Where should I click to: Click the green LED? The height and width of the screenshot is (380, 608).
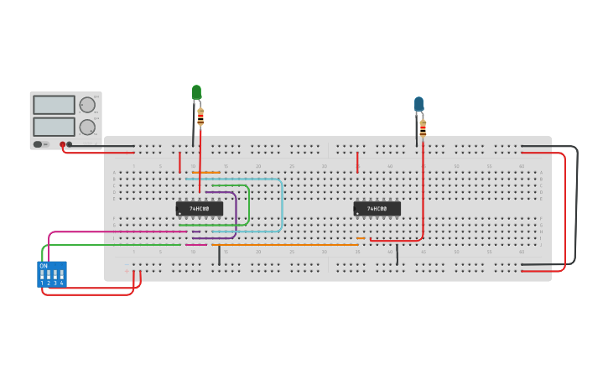196,91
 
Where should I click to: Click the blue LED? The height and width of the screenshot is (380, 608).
418,103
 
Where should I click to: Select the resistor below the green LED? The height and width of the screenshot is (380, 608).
200,116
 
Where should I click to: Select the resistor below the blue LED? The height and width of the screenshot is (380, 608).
423,128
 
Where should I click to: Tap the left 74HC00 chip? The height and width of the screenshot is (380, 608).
200,208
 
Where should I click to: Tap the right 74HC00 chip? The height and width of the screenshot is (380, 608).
377,208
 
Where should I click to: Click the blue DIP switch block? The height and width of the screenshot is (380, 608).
51,274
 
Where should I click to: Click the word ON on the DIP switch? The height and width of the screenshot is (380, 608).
44,266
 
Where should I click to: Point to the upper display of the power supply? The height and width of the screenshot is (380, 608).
54,105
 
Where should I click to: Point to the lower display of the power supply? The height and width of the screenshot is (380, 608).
54,127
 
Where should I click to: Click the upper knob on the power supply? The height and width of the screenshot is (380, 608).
87,105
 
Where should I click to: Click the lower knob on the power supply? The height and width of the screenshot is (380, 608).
87,128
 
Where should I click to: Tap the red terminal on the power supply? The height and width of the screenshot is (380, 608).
62,144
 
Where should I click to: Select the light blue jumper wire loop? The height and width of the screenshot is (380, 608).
282,206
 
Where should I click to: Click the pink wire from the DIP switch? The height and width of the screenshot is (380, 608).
117,232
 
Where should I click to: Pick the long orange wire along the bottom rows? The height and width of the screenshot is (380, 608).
285,245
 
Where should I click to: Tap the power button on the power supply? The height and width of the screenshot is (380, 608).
38,144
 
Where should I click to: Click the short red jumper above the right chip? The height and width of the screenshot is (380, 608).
357,162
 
